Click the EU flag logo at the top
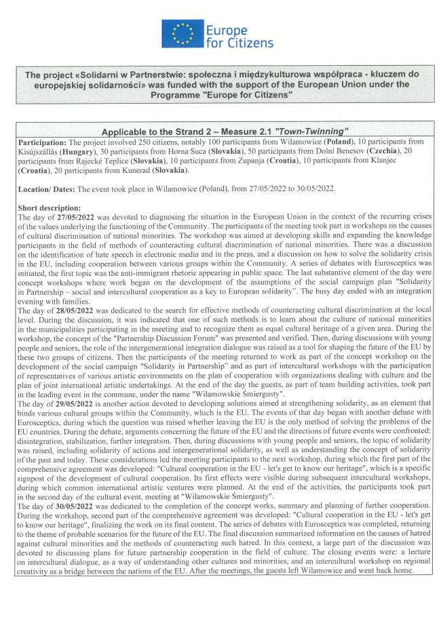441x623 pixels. tap(182, 33)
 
